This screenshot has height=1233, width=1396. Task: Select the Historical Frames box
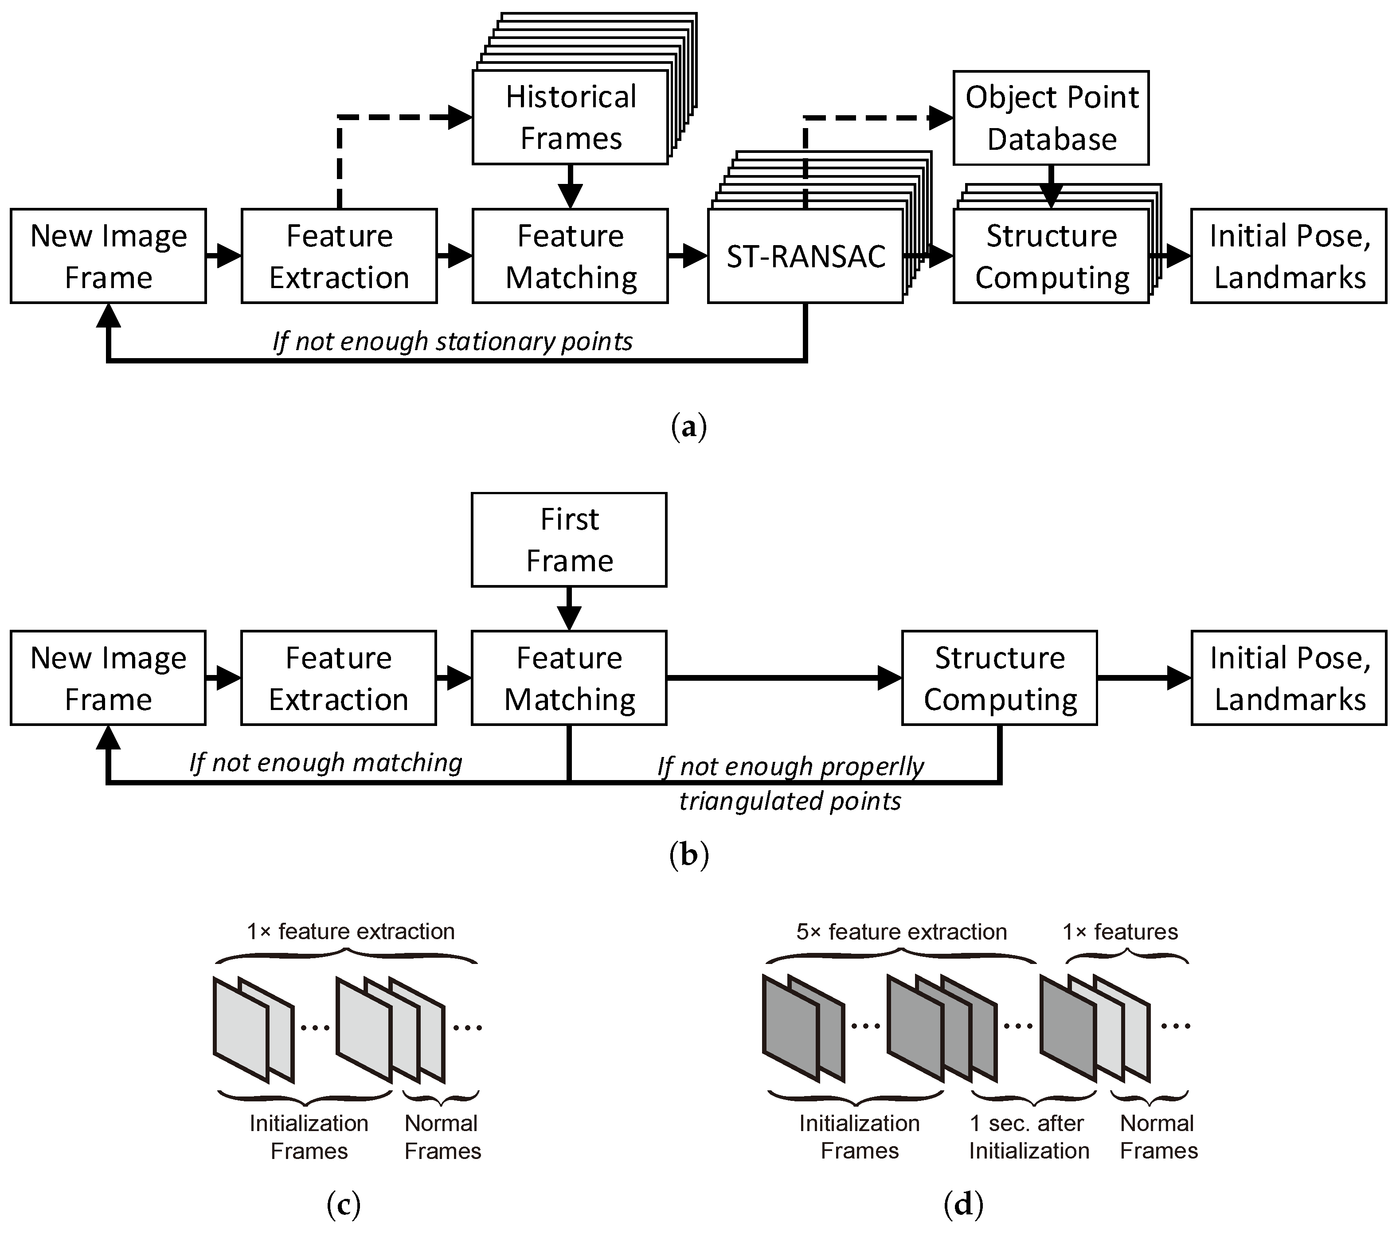point(570,117)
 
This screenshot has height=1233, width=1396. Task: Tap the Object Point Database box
point(1051,117)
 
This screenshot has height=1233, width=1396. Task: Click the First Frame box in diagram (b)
point(569,539)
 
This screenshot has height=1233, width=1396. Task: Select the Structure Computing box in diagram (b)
point(999,678)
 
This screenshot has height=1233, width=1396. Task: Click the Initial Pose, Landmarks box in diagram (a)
point(1289,256)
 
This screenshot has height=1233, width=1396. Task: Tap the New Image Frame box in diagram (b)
point(108,678)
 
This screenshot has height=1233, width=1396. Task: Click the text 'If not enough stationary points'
point(452,341)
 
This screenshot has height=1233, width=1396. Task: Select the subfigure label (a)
point(688,427)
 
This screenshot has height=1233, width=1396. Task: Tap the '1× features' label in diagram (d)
point(1120,932)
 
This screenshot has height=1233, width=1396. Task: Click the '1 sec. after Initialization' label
point(1028,1137)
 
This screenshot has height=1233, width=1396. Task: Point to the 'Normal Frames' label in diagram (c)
point(442,1137)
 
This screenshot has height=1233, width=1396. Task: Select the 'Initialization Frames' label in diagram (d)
point(859,1137)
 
